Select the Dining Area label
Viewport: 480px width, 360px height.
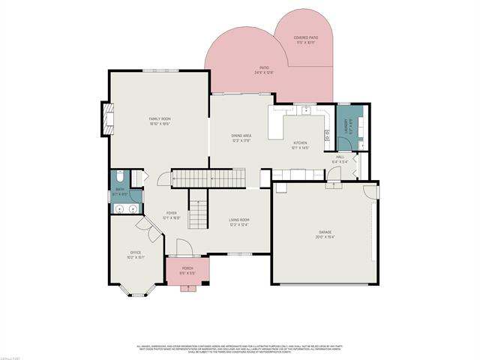coord(241,137)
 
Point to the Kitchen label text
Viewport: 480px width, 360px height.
coord(300,145)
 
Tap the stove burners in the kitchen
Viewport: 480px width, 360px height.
coord(327,136)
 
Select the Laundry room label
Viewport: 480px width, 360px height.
coord(346,127)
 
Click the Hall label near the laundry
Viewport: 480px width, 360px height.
coord(340,159)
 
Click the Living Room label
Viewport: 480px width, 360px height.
coord(238,221)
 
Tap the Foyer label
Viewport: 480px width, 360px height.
coord(172,215)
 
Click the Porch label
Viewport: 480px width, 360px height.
coord(187,270)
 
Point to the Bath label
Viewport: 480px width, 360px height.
coord(119,192)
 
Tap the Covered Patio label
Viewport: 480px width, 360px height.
coord(305,39)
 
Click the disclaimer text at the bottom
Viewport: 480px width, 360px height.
coord(240,349)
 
